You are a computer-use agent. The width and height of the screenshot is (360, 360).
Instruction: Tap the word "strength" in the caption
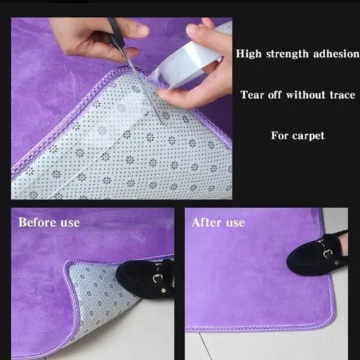pos(287,55)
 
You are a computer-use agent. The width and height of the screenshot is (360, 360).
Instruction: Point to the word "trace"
pos(343,95)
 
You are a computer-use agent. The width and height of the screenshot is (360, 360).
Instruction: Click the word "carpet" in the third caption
pos(308,136)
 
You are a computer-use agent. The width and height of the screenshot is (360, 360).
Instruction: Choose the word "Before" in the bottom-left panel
pos(37,222)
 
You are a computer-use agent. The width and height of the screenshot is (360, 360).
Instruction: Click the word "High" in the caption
pos(248,54)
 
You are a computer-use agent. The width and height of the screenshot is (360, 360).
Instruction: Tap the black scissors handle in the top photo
pos(115,32)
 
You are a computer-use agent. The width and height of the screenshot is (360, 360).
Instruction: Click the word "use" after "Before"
pos(70,223)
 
